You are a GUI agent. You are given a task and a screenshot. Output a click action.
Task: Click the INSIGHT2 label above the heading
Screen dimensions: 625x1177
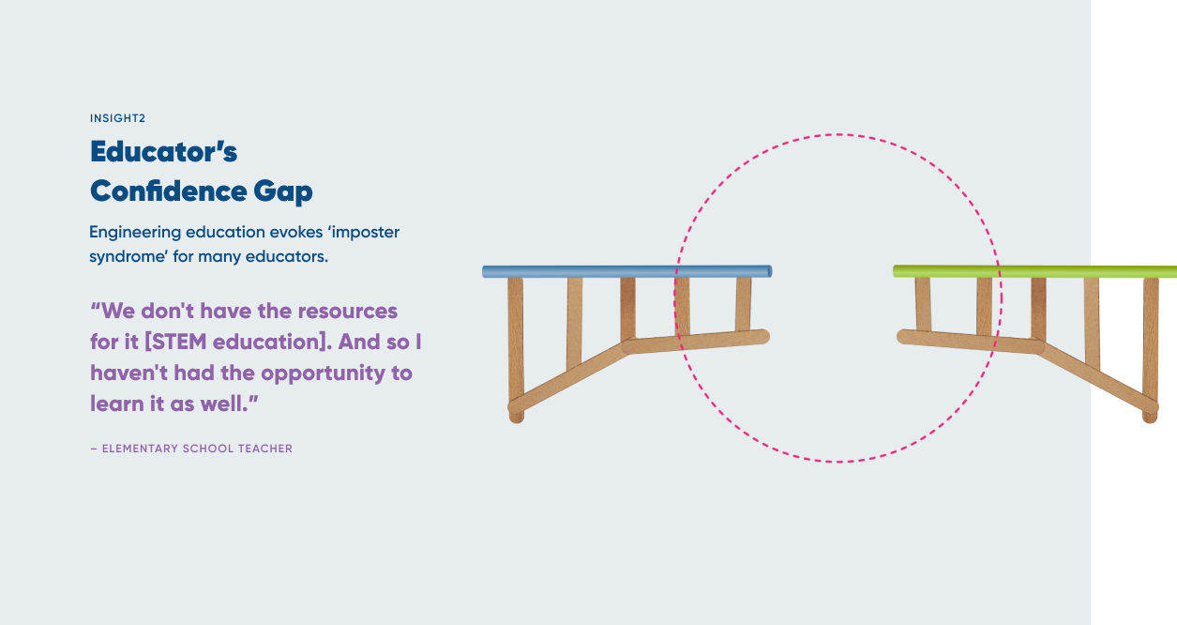[x=117, y=118]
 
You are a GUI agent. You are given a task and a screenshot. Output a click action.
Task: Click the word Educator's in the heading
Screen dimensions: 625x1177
[x=163, y=151]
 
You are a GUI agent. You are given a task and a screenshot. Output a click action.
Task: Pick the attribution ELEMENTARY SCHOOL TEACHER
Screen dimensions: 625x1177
[x=197, y=449]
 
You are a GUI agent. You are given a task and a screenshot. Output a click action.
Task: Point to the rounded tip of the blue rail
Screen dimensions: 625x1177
[x=768, y=272]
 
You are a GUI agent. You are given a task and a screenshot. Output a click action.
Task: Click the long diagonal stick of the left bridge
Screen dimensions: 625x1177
[x=567, y=377]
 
